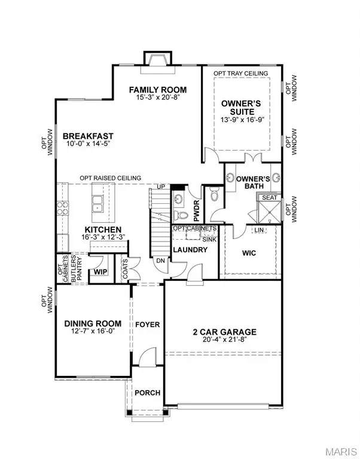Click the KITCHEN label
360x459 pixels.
(103, 229)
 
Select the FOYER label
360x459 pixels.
(147, 325)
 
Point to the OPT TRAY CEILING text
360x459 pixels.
(242, 74)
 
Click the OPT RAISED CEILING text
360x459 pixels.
(111, 178)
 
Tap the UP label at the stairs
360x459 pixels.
(160, 187)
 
